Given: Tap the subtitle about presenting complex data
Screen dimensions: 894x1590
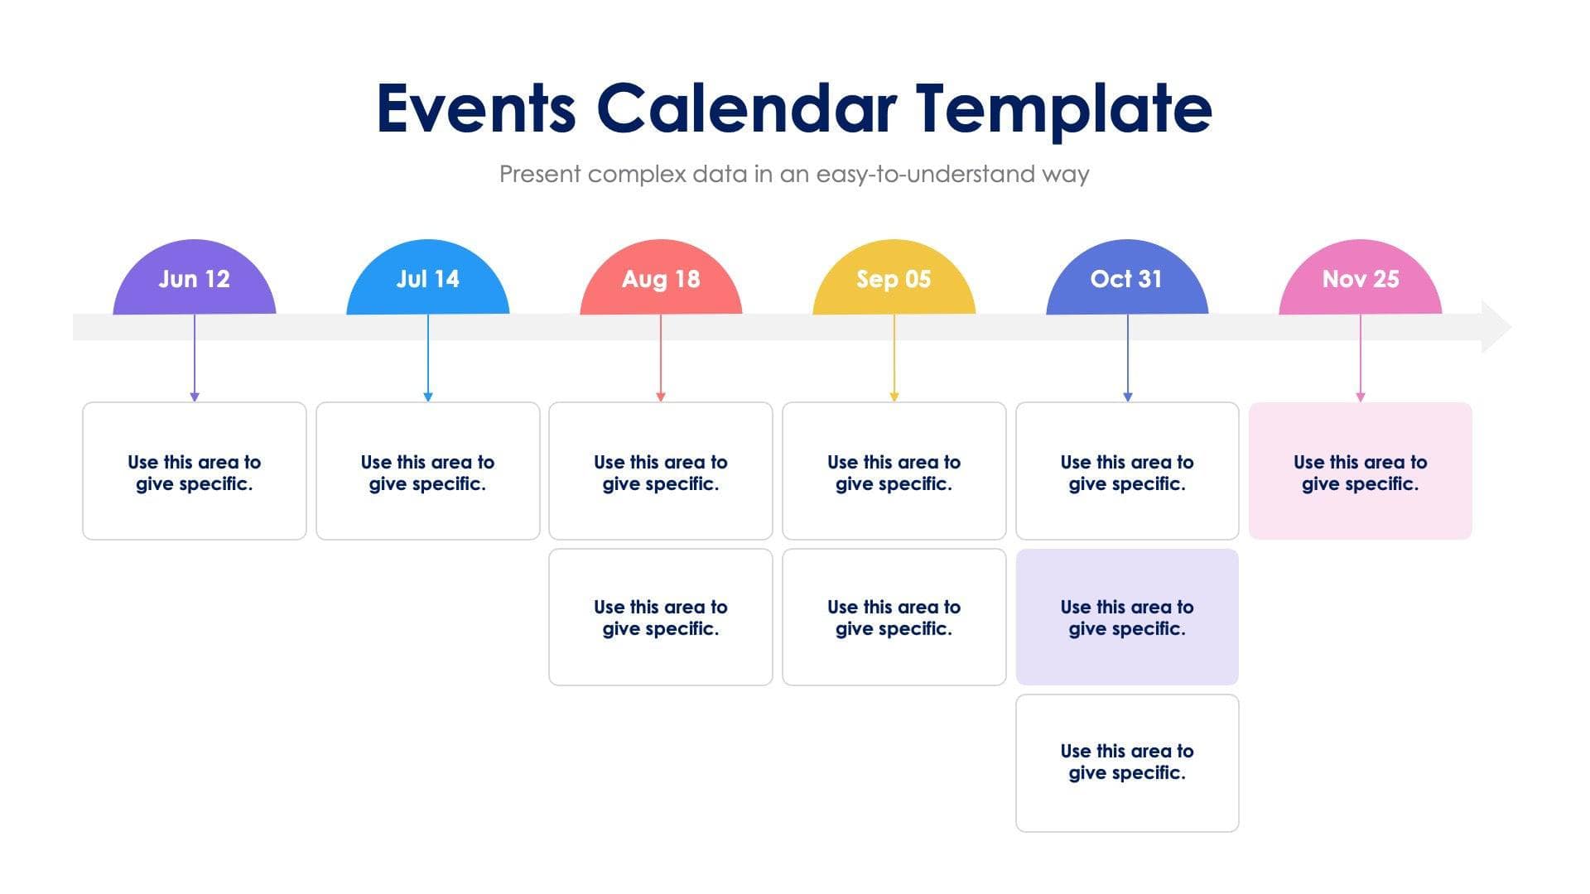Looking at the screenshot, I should [793, 174].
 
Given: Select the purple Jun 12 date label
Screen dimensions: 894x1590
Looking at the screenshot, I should [194, 280].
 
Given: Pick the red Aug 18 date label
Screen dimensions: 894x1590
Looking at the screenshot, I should [661, 280].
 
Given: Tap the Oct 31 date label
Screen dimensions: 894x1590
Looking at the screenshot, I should [1126, 280].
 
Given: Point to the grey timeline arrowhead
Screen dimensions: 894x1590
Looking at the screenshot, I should [1494, 327].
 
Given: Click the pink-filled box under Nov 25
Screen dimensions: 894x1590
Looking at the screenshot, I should [1360, 472].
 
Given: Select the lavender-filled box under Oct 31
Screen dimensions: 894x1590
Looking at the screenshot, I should [1126, 618].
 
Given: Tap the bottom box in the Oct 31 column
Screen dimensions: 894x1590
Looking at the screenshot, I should [1126, 762].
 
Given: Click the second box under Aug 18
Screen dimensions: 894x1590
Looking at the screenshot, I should [661, 618].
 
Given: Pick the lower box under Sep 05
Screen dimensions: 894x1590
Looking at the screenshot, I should [894, 618].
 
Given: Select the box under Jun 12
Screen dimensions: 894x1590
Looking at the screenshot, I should [194, 472].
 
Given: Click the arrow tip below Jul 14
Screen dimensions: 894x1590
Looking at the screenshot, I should [427, 397].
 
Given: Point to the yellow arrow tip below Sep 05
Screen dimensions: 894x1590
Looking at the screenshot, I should [894, 397].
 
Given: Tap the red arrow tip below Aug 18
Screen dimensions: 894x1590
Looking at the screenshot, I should [661, 397].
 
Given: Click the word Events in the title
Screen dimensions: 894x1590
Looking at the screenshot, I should [476, 109].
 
